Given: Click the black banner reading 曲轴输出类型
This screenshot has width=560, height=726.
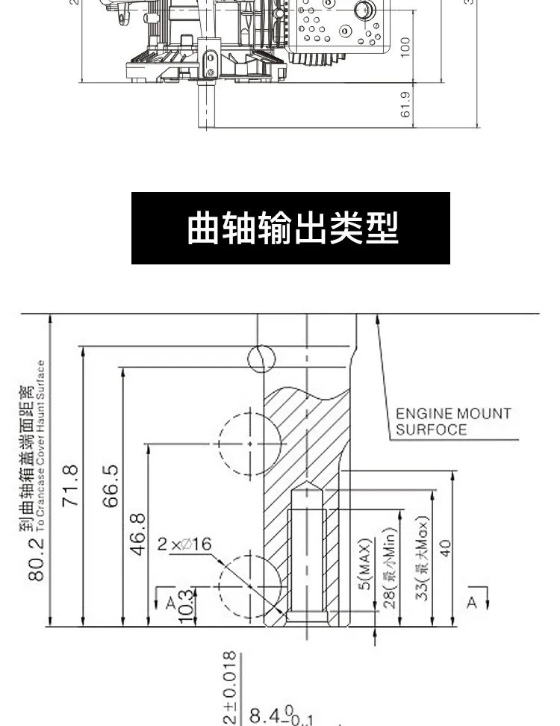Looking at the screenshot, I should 291,228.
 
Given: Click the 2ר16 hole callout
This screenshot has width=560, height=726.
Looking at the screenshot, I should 184,544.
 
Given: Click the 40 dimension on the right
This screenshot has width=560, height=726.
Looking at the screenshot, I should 445,549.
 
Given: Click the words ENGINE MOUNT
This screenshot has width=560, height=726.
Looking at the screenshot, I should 452,413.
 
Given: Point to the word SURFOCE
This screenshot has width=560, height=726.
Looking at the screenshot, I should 431,429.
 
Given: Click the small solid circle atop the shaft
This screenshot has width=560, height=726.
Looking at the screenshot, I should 261,358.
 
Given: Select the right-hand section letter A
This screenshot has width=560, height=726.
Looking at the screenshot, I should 471,602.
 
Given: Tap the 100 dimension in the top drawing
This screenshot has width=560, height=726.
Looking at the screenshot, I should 405,46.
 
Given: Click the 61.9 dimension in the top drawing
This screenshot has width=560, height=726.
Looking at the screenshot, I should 405,105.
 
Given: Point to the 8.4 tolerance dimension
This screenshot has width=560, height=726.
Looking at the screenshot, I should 272,718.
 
